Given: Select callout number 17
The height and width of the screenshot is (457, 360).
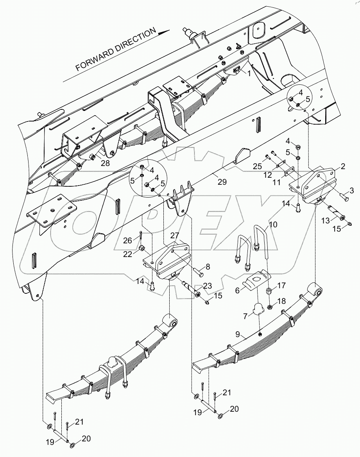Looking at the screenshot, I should click(x=282, y=285).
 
